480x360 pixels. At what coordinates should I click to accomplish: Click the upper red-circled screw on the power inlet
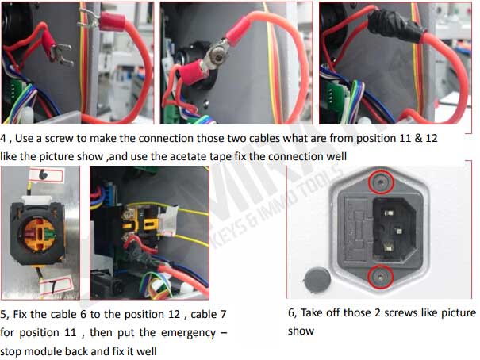pyautogui.click(x=380, y=182)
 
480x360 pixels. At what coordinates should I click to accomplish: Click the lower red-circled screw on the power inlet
pyautogui.click(x=380, y=277)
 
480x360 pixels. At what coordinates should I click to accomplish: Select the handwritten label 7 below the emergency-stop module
pyautogui.click(x=55, y=285)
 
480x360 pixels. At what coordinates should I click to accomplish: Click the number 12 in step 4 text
pyautogui.click(x=432, y=138)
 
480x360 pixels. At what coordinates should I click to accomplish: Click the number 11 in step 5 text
pyautogui.click(x=70, y=333)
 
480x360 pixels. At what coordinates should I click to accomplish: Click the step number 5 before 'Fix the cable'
pyautogui.click(x=4, y=315)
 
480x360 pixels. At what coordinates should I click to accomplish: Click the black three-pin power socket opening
pyautogui.click(x=394, y=230)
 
